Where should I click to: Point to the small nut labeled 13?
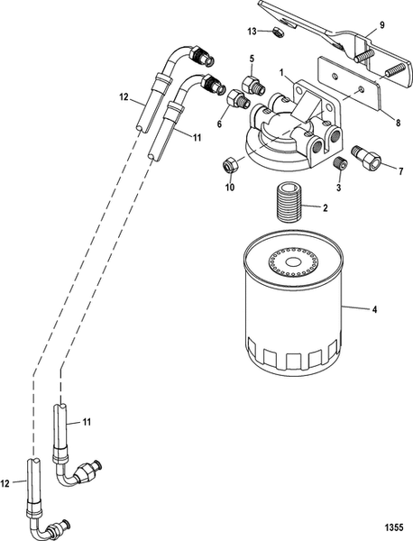(x=278, y=32)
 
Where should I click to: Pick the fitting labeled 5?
(x=253, y=86)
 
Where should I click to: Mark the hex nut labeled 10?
(x=230, y=164)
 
